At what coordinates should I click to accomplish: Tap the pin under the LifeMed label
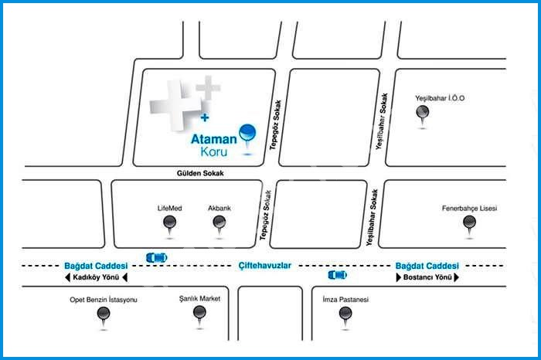pos(170,225)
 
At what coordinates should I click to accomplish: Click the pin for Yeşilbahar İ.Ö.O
pos(423,115)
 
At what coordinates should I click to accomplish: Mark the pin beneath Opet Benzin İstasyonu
pos(103,315)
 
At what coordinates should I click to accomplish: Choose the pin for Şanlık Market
pos(200,314)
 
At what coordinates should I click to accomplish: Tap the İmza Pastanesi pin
pos(345,314)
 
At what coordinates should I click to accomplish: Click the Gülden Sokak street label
pos(200,174)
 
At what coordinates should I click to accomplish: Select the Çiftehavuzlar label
pos(264,265)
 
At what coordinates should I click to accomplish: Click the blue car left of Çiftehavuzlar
pos(156,256)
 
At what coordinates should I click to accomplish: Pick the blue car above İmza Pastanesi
pos(337,274)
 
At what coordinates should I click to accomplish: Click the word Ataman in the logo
pos(213,141)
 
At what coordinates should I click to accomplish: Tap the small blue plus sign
pos(205,118)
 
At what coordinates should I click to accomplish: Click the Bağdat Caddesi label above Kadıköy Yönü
pos(95,265)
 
